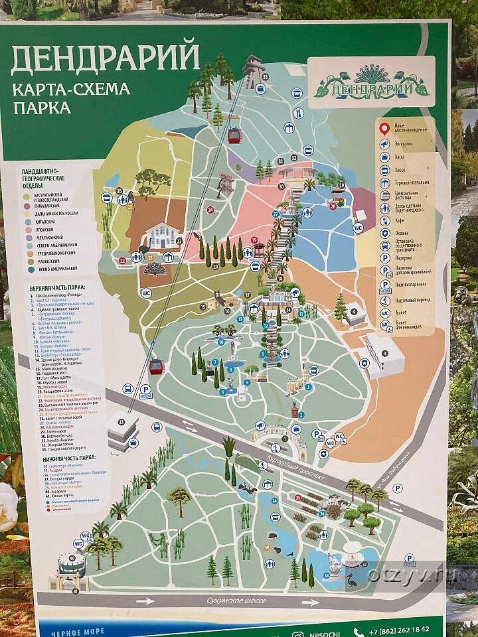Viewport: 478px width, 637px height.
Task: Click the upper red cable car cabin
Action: point(234,135)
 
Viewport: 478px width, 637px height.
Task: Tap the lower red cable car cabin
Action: point(156,366)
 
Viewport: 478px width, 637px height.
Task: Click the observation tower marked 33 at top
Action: point(252,72)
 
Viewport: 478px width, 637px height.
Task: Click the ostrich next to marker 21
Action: point(143,252)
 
